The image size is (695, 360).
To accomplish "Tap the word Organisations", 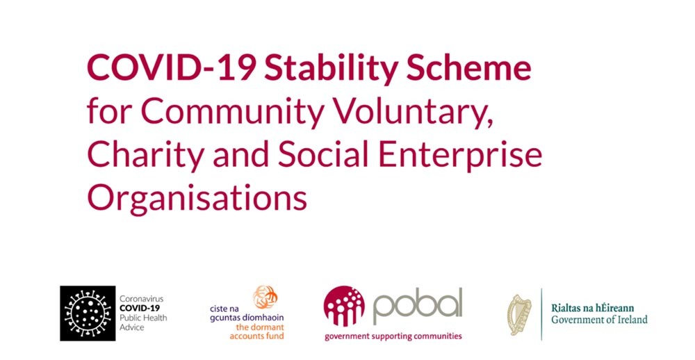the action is coord(197,198).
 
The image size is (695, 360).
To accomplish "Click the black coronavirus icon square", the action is coord(88,313).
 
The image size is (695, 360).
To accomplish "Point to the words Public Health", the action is coord(143,318).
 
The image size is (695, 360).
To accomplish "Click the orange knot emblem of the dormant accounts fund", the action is coord(265,297).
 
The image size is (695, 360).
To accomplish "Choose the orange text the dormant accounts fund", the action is coord(256,332).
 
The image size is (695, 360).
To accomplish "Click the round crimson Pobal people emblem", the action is coord(344,306).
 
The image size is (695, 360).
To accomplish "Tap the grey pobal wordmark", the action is coord(418,306).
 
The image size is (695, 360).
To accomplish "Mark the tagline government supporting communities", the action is coord(393,336).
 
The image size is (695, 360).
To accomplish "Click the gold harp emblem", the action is coord(519,314).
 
